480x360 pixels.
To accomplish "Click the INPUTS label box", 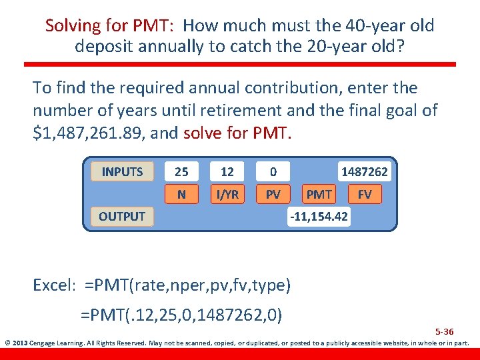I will click(122, 171).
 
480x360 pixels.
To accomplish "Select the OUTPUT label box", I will click(122, 216).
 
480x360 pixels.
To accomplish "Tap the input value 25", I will click(181, 171).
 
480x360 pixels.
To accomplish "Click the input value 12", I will click(227, 171).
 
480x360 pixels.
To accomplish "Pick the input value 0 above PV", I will click(273, 171).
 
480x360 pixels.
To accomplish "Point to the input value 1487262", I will click(364, 171).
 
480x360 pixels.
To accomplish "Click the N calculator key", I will click(181, 194).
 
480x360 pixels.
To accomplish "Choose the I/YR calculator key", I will click(227, 194).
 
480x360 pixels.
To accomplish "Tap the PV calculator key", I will click(273, 194).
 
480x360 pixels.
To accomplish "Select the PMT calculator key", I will click(319, 194).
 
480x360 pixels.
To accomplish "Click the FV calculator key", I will click(365, 194).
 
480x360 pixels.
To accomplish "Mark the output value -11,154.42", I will click(319, 217).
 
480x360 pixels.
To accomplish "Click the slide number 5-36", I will click(444, 331).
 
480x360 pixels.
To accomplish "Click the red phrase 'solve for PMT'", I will click(237, 133).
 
